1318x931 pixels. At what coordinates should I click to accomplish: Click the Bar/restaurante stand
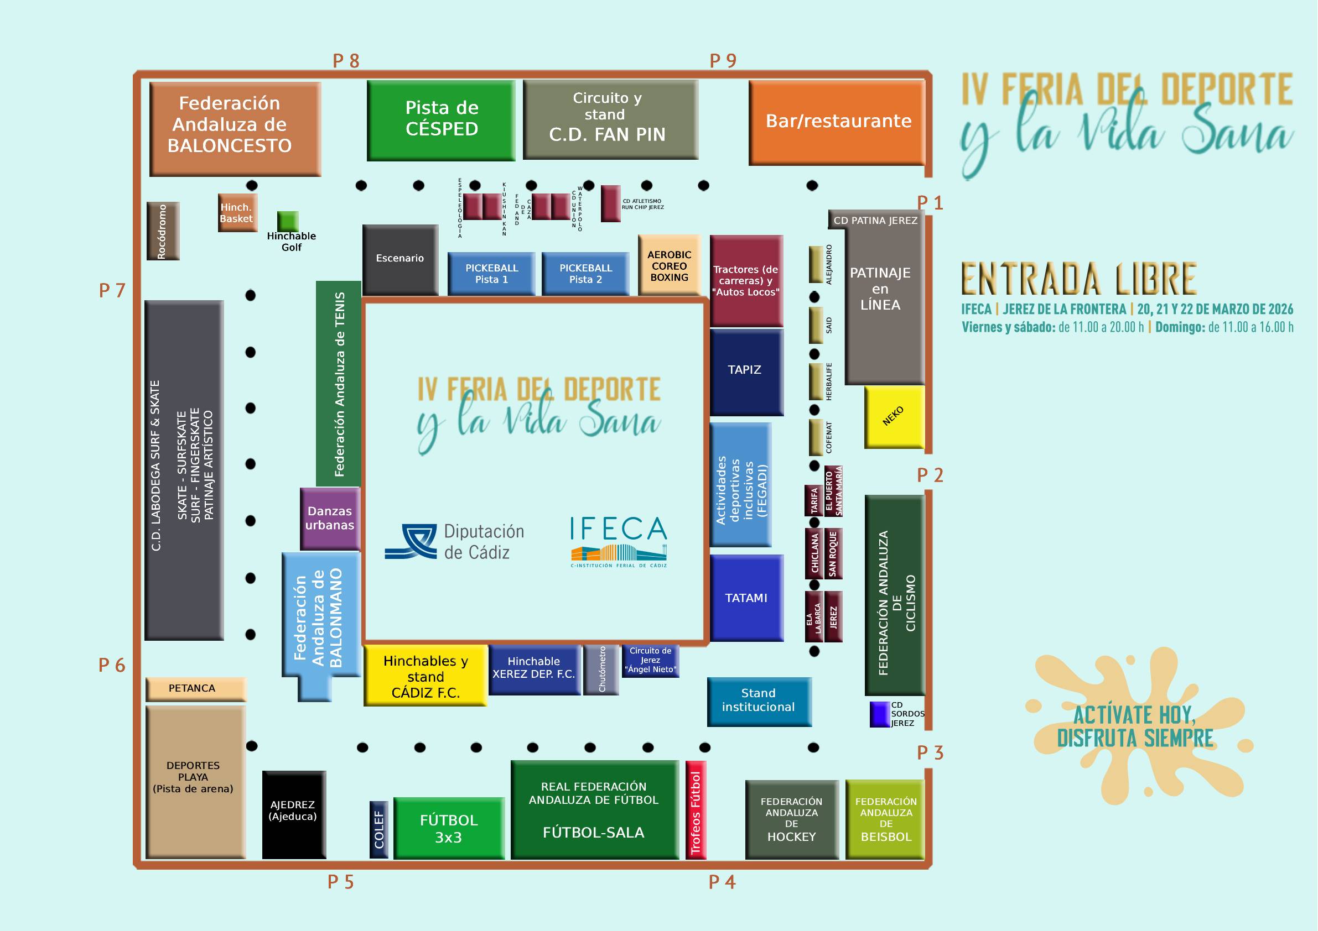(x=838, y=122)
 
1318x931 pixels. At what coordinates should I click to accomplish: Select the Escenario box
(x=400, y=259)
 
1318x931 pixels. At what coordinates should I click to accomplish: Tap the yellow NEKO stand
(x=894, y=416)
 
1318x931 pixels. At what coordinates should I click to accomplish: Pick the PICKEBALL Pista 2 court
(x=585, y=274)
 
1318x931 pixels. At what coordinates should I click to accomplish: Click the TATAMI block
(x=746, y=598)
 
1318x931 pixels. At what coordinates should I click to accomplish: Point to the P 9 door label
(x=723, y=60)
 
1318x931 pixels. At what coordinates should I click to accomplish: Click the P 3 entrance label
(x=930, y=752)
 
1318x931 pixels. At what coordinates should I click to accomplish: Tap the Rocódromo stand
(x=163, y=231)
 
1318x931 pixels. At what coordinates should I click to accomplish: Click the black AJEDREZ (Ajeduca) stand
(x=293, y=814)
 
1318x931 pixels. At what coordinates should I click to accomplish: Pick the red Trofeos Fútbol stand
(x=696, y=809)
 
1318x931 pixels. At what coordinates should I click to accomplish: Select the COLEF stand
(x=379, y=829)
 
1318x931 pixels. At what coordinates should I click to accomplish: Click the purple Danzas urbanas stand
(x=330, y=518)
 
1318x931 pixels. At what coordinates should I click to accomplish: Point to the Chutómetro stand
(x=601, y=670)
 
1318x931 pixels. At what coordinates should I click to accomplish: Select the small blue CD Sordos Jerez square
(x=879, y=714)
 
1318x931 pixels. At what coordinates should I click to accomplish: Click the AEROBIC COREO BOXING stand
(x=670, y=265)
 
